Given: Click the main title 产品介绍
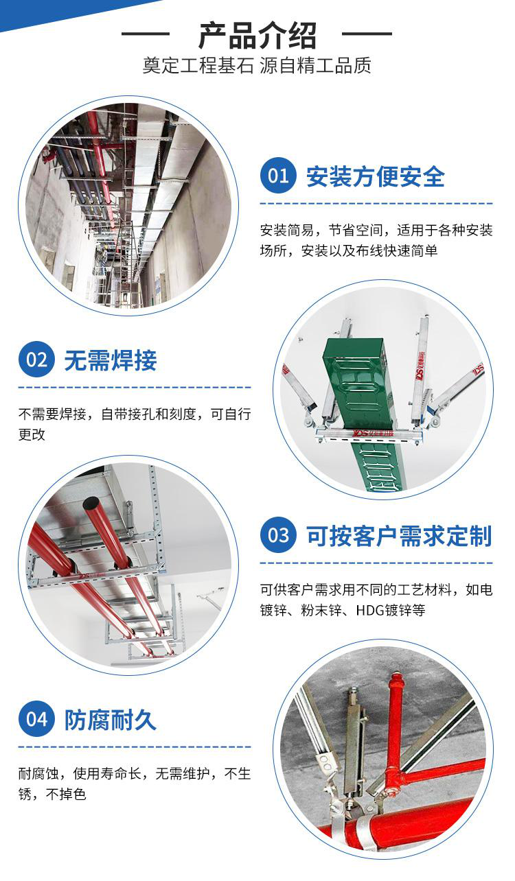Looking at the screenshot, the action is click(x=257, y=35).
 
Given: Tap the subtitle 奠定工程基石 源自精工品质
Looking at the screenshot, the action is click(x=257, y=65).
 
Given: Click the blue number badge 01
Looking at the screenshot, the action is click(x=278, y=176).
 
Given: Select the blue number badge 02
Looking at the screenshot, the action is click(x=36, y=359).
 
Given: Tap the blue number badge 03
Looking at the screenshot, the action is click(x=278, y=535).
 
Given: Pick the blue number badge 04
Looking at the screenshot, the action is click(x=36, y=719).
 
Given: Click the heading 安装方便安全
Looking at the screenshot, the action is click(x=376, y=176).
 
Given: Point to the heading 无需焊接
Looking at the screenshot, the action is click(x=111, y=360).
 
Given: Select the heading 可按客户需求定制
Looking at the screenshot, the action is click(x=399, y=536).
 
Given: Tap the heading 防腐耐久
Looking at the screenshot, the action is click(x=111, y=720).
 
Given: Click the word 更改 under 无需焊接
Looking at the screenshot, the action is click(x=32, y=434).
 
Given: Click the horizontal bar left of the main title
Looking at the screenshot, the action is click(x=146, y=34).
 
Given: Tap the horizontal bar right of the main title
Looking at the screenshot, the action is click(x=367, y=34).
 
